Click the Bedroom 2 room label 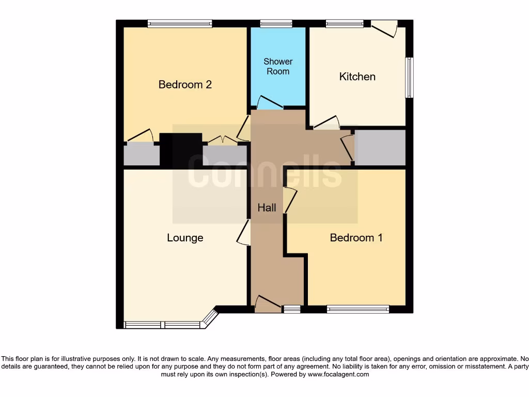tap(185, 85)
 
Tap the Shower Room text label tap(278, 67)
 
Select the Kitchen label tap(357, 77)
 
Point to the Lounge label tap(185, 238)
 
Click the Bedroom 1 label tap(356, 238)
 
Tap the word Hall tap(267, 208)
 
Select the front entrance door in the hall tap(267, 304)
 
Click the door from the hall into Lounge tap(243, 232)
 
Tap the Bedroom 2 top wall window tap(179, 23)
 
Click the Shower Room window tap(276, 23)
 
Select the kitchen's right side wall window tap(409, 77)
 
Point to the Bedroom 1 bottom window tap(358, 309)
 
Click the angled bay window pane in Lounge tap(209, 318)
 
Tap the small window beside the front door tap(292, 309)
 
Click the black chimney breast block tap(180, 149)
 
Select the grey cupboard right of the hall tap(380, 148)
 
